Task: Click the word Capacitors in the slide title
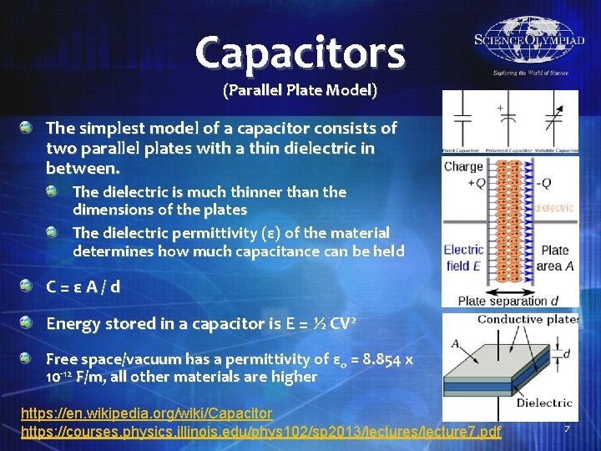point(300,52)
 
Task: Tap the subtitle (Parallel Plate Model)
point(300,89)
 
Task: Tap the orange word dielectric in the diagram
point(554,208)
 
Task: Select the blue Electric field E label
point(463,257)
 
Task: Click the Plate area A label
point(555,257)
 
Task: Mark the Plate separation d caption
point(508,302)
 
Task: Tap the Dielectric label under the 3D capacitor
point(543,403)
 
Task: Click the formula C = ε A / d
point(83,287)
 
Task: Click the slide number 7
point(567,428)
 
